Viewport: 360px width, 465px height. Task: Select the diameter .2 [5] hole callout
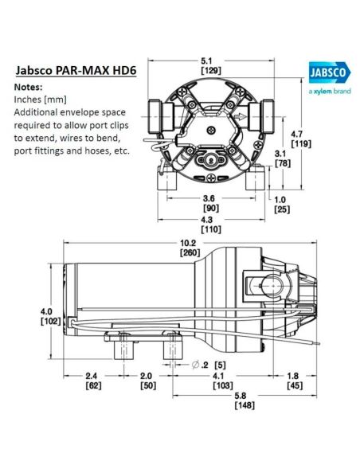202,365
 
